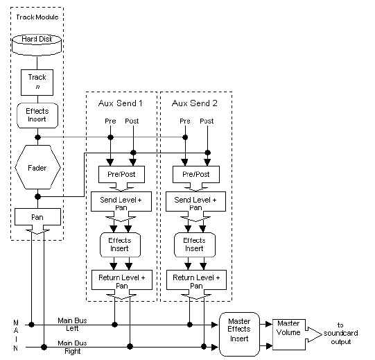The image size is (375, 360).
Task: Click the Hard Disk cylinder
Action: (x=37, y=45)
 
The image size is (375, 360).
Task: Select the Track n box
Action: (x=37, y=83)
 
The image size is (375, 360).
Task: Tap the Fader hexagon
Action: (x=38, y=167)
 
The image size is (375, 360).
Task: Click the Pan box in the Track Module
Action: (x=38, y=217)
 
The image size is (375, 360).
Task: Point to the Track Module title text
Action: (x=37, y=17)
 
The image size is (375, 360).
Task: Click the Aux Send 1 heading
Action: (x=121, y=103)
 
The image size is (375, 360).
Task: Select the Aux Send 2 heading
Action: (x=195, y=103)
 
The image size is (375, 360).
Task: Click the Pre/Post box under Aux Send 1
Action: (x=121, y=174)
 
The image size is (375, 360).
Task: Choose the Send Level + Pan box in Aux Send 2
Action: (x=195, y=202)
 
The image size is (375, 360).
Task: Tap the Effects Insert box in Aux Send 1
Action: (x=120, y=245)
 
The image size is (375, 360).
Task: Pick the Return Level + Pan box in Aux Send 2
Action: (x=196, y=280)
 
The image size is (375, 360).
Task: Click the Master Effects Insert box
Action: (x=239, y=334)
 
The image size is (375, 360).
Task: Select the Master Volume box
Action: (x=289, y=334)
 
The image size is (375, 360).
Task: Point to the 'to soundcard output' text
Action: (x=340, y=333)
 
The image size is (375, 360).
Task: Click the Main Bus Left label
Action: (x=72, y=324)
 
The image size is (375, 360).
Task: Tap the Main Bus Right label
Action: (x=72, y=347)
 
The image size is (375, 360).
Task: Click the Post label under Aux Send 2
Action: (x=207, y=121)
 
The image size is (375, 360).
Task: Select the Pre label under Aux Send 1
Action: (x=110, y=121)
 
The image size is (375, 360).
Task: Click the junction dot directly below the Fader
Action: (x=38, y=197)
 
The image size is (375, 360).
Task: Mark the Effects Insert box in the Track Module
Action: (x=37, y=115)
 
